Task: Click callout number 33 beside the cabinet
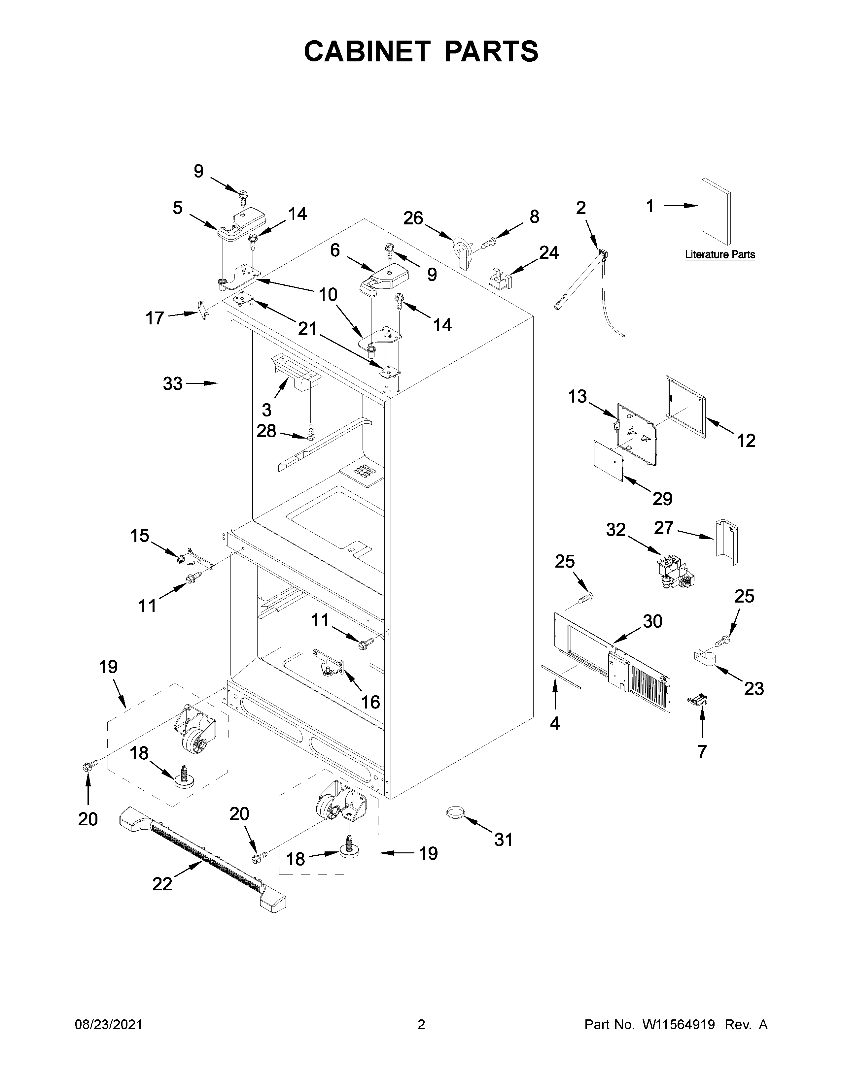point(173,383)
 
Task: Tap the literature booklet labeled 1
point(716,212)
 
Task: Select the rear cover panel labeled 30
point(611,663)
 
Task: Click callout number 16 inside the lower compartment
point(370,702)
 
